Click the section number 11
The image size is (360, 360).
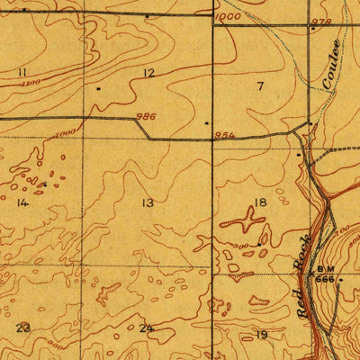click(x=22, y=71)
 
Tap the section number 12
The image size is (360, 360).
click(x=148, y=73)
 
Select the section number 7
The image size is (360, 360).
click(x=260, y=86)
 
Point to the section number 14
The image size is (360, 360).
click(x=22, y=203)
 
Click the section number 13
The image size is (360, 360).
click(x=147, y=203)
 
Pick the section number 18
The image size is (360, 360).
click(x=261, y=203)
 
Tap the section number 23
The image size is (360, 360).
click(x=22, y=328)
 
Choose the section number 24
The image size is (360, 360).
click(x=146, y=328)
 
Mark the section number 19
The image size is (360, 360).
click(x=262, y=335)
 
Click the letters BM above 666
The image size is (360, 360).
click(x=324, y=270)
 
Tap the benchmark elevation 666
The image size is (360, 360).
click(x=324, y=280)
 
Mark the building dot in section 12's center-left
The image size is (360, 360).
click(x=98, y=89)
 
